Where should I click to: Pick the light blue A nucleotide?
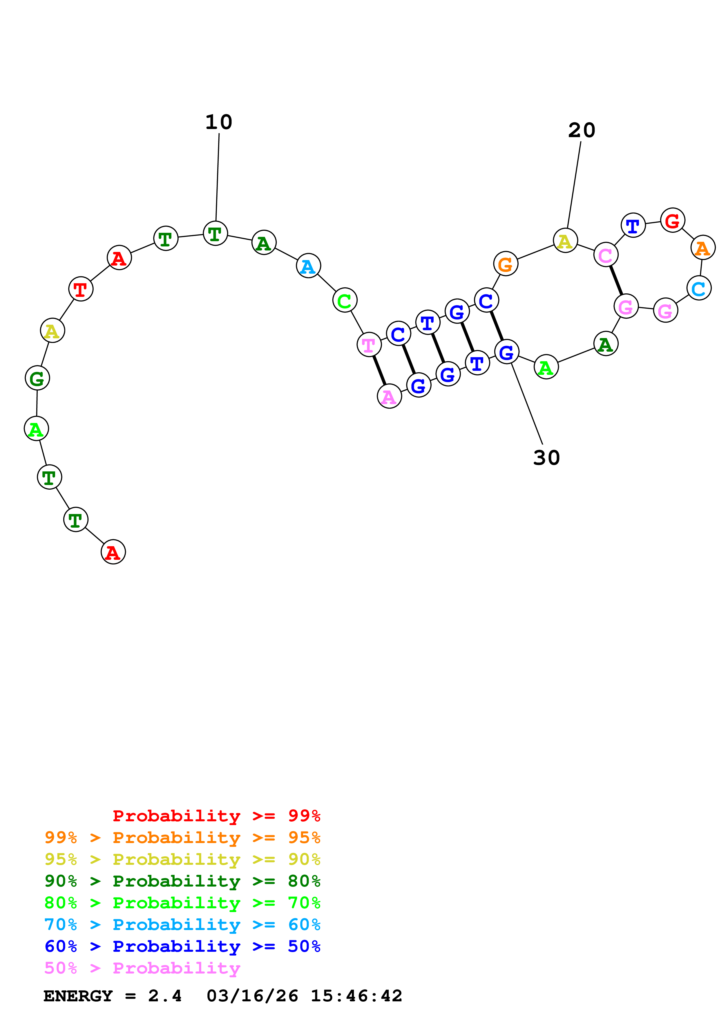pos(308,266)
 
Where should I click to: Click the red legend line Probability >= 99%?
pos(216,816)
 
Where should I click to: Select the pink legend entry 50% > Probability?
pos(142,968)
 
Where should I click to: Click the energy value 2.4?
pos(165,996)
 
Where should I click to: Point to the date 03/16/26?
pos(252,996)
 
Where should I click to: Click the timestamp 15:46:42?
pos(356,996)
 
